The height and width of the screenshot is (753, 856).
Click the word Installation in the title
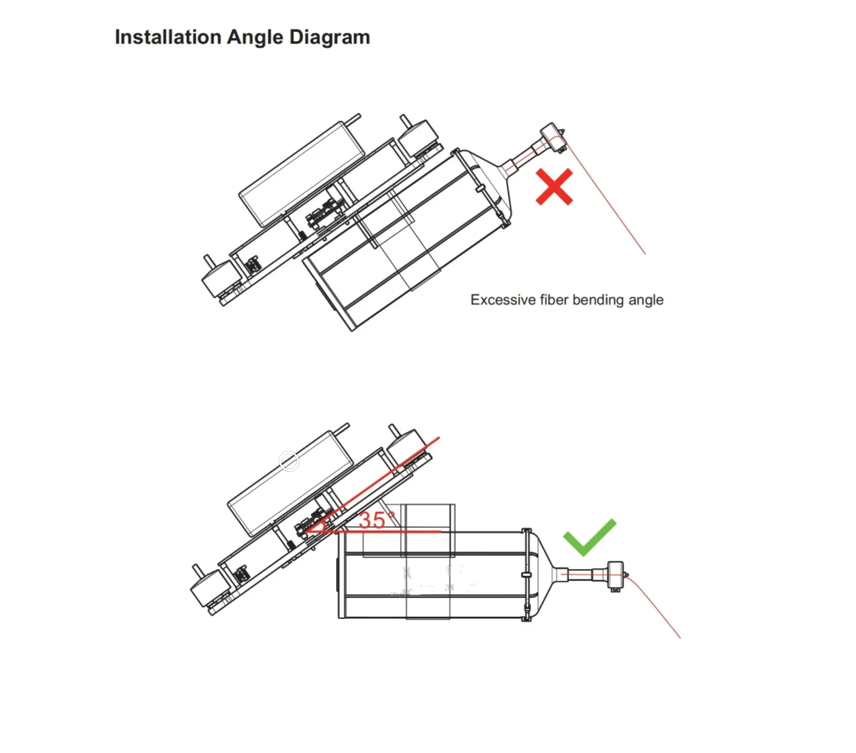click(168, 37)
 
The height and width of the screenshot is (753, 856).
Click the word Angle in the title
click(255, 38)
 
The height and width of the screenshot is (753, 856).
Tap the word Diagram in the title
click(329, 38)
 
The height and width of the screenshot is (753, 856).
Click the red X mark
click(554, 187)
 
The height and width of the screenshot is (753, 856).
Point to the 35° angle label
click(377, 520)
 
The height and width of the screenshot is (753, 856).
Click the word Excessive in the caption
click(503, 299)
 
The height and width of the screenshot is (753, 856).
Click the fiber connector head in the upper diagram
click(553, 138)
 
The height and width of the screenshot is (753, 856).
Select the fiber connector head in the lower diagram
click(616, 575)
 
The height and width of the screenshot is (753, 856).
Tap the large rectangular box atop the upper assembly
click(302, 174)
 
